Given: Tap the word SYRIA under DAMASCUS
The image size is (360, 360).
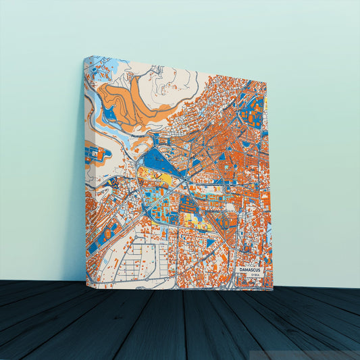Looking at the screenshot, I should click(x=253, y=276).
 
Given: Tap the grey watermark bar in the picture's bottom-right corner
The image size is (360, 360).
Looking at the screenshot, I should click(x=304, y=355).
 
